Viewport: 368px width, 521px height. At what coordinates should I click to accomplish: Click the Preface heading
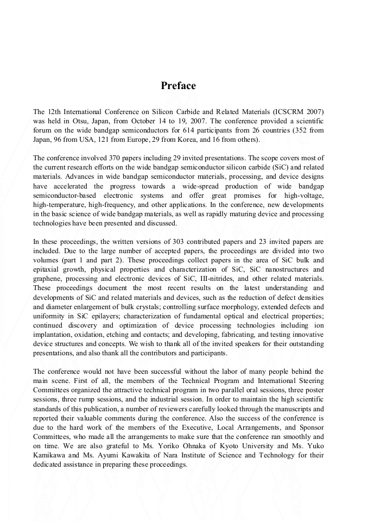(178, 86)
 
